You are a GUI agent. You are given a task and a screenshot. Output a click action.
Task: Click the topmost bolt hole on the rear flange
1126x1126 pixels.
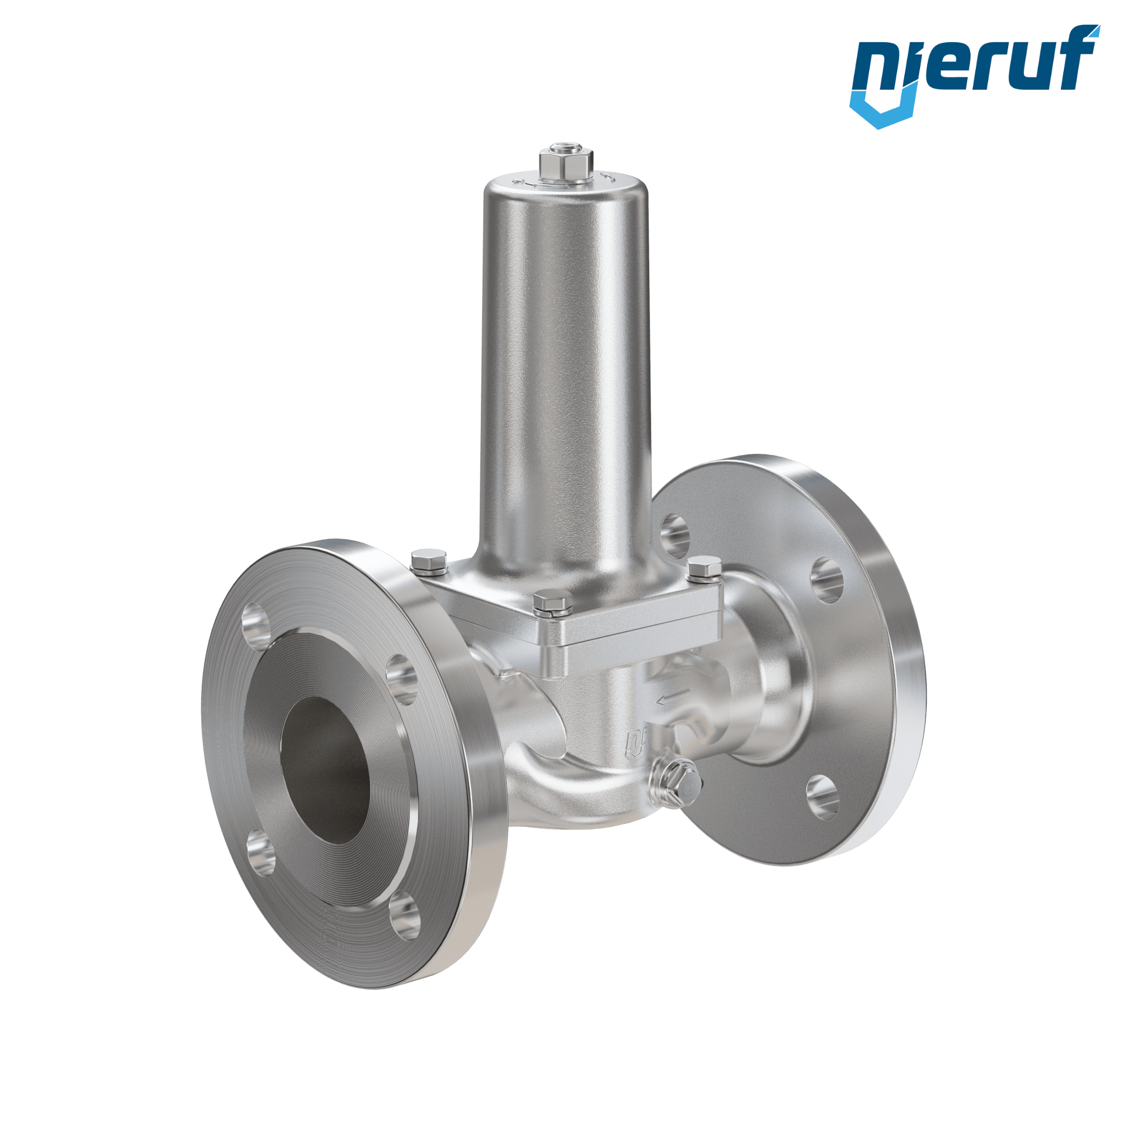click(x=674, y=535)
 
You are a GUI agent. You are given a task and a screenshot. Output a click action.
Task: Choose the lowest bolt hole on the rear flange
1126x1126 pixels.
click(x=822, y=796)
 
